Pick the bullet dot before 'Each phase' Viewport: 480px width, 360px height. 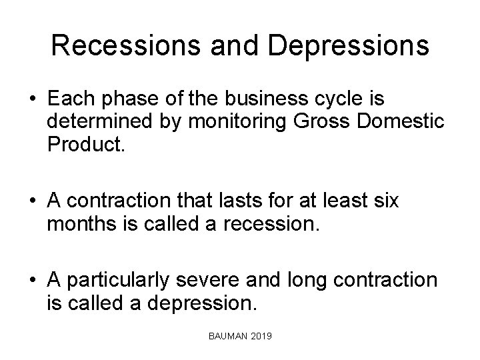pos(32,99)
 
